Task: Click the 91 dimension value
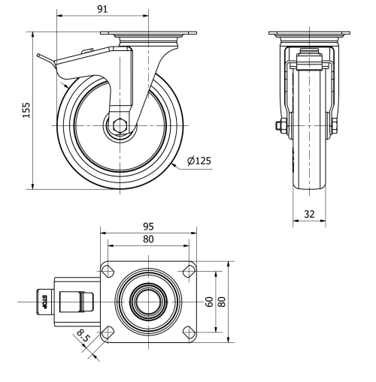coord(83,10)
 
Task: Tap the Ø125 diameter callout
coord(199,160)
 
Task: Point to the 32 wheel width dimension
coord(308,212)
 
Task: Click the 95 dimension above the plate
coord(148,226)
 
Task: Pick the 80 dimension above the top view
coord(148,239)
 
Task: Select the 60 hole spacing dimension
coord(210,301)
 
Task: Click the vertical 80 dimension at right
coord(222,301)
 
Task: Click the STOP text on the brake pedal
coord(44,302)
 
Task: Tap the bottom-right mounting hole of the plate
coord(189,331)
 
